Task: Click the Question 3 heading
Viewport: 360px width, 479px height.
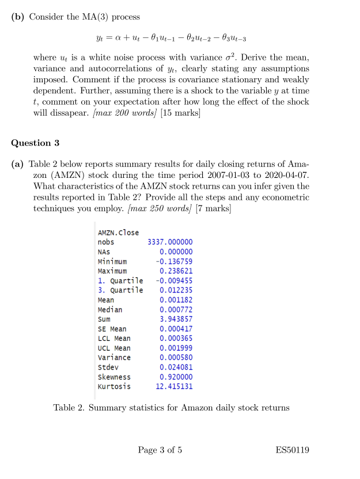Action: pyautogui.click(x=36, y=142)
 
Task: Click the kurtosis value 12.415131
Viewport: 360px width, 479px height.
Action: pyautogui.click(x=174, y=386)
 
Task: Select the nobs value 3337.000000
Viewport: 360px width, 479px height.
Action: pyautogui.click(x=170, y=242)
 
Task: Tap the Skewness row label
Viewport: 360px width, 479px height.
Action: pyautogui.click(x=114, y=377)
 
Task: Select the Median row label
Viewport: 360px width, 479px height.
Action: pyautogui.click(x=110, y=310)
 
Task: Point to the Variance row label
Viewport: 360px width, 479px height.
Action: pyautogui.click(x=114, y=358)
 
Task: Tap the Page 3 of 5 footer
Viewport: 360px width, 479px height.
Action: pyautogui.click(x=160, y=450)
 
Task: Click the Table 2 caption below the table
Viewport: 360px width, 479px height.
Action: pyautogui.click(x=171, y=408)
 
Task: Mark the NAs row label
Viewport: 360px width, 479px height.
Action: pyautogui.click(x=104, y=252)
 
